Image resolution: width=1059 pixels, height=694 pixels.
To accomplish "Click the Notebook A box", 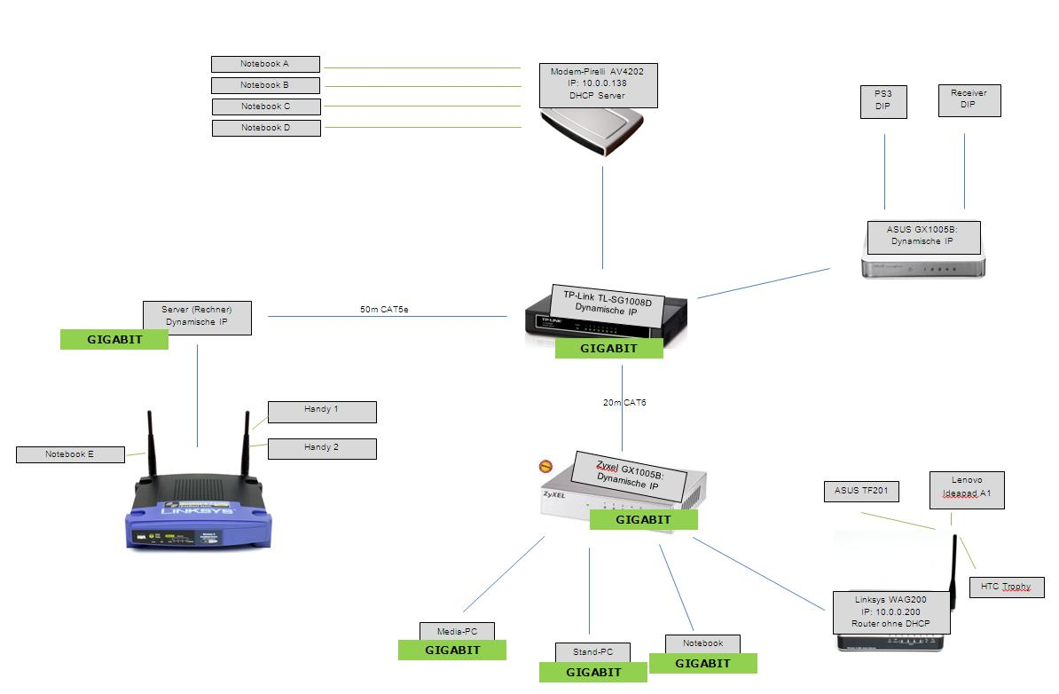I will (x=265, y=64).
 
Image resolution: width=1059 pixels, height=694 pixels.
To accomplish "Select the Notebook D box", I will (x=266, y=128).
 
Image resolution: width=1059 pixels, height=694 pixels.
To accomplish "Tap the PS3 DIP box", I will (x=883, y=101).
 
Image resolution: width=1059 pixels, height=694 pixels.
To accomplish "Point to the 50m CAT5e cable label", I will (x=384, y=310).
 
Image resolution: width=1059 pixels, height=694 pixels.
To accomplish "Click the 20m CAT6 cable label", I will (x=624, y=403).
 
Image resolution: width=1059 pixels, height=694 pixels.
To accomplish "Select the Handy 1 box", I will (x=321, y=411).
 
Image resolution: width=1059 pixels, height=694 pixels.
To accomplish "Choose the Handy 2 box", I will (x=321, y=448).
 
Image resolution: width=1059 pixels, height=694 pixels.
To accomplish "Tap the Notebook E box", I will (x=70, y=454).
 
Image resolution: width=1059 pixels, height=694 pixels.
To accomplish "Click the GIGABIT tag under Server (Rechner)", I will (x=114, y=339).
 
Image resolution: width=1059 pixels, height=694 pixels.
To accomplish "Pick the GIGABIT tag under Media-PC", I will (x=452, y=651).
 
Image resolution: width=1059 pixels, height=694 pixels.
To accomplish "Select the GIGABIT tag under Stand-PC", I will (x=593, y=673).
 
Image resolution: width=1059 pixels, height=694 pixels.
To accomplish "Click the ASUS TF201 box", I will (x=861, y=491).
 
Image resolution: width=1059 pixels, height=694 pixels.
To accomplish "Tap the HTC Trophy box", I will (x=1006, y=587).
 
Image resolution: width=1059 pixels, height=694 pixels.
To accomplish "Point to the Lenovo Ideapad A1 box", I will (x=967, y=490).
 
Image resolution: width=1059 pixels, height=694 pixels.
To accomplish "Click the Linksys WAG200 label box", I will (x=890, y=612).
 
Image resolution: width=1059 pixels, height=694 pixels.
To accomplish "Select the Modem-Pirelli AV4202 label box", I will (x=599, y=84).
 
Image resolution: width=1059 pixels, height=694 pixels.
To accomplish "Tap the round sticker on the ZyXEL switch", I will (x=547, y=465).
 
